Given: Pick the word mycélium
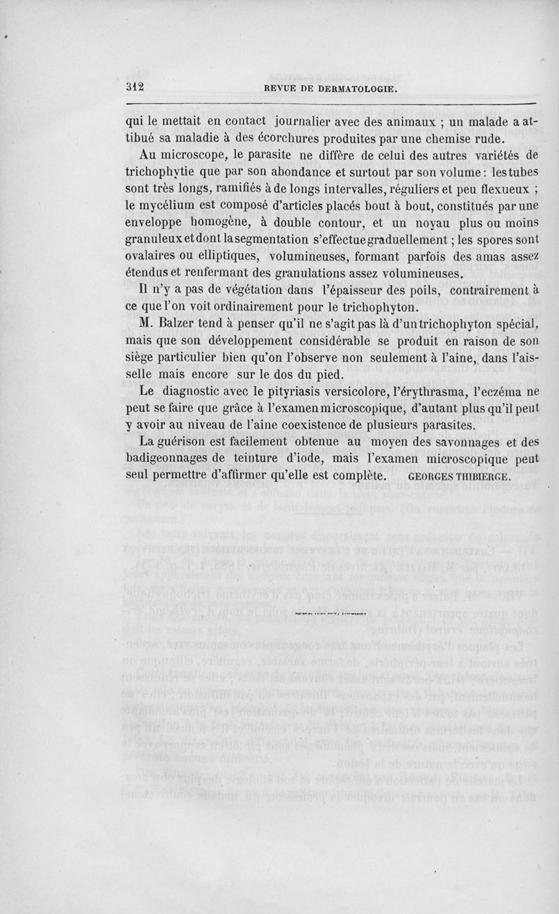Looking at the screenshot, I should (x=164, y=207).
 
